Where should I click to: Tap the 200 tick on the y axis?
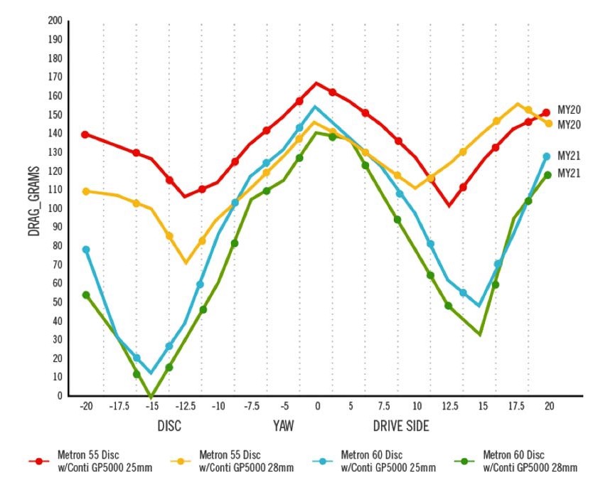[x=55, y=21]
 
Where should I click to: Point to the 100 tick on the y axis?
[x=55, y=208]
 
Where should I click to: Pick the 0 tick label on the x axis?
[x=317, y=406]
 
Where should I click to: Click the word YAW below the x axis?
[x=283, y=426]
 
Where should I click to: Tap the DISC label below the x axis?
[x=169, y=426]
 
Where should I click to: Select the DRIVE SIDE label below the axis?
[x=401, y=426]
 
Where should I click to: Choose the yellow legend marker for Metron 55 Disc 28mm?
[x=182, y=461]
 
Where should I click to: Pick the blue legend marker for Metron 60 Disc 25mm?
[x=324, y=461]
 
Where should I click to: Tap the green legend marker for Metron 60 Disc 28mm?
[x=465, y=461]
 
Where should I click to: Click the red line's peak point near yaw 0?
[x=316, y=84]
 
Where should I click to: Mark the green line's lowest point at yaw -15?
[x=151, y=395]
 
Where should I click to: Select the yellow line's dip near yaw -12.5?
[x=186, y=262]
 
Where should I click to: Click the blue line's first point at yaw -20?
[x=86, y=250]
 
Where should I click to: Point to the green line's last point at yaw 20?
[x=547, y=175]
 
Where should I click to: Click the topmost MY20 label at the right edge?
[x=570, y=110]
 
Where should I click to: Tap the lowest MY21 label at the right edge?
[x=570, y=173]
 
